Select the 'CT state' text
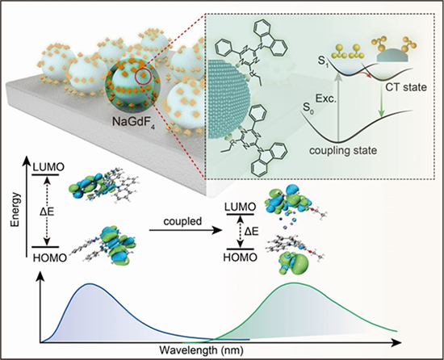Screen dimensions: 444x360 [x=406, y=87]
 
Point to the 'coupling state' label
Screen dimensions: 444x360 [x=343, y=150]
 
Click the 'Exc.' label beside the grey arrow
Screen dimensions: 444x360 [x=325, y=99]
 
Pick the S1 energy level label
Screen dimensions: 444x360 [x=320, y=61]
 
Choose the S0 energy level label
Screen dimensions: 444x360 [x=308, y=108]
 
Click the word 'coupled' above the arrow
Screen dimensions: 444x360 [x=182, y=221]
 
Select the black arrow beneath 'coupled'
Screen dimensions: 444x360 [x=186, y=230]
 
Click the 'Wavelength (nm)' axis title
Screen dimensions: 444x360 [x=202, y=350]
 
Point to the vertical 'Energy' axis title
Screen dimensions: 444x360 [x=15, y=210]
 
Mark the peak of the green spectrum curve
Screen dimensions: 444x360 [x=293, y=283]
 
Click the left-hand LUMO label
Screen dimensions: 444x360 [x=48, y=167]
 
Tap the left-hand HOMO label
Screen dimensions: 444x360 [x=50, y=257]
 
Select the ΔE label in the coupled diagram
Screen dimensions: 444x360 [x=251, y=232]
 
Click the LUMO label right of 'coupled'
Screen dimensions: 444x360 [x=240, y=207]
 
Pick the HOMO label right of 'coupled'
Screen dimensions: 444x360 [x=241, y=257]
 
